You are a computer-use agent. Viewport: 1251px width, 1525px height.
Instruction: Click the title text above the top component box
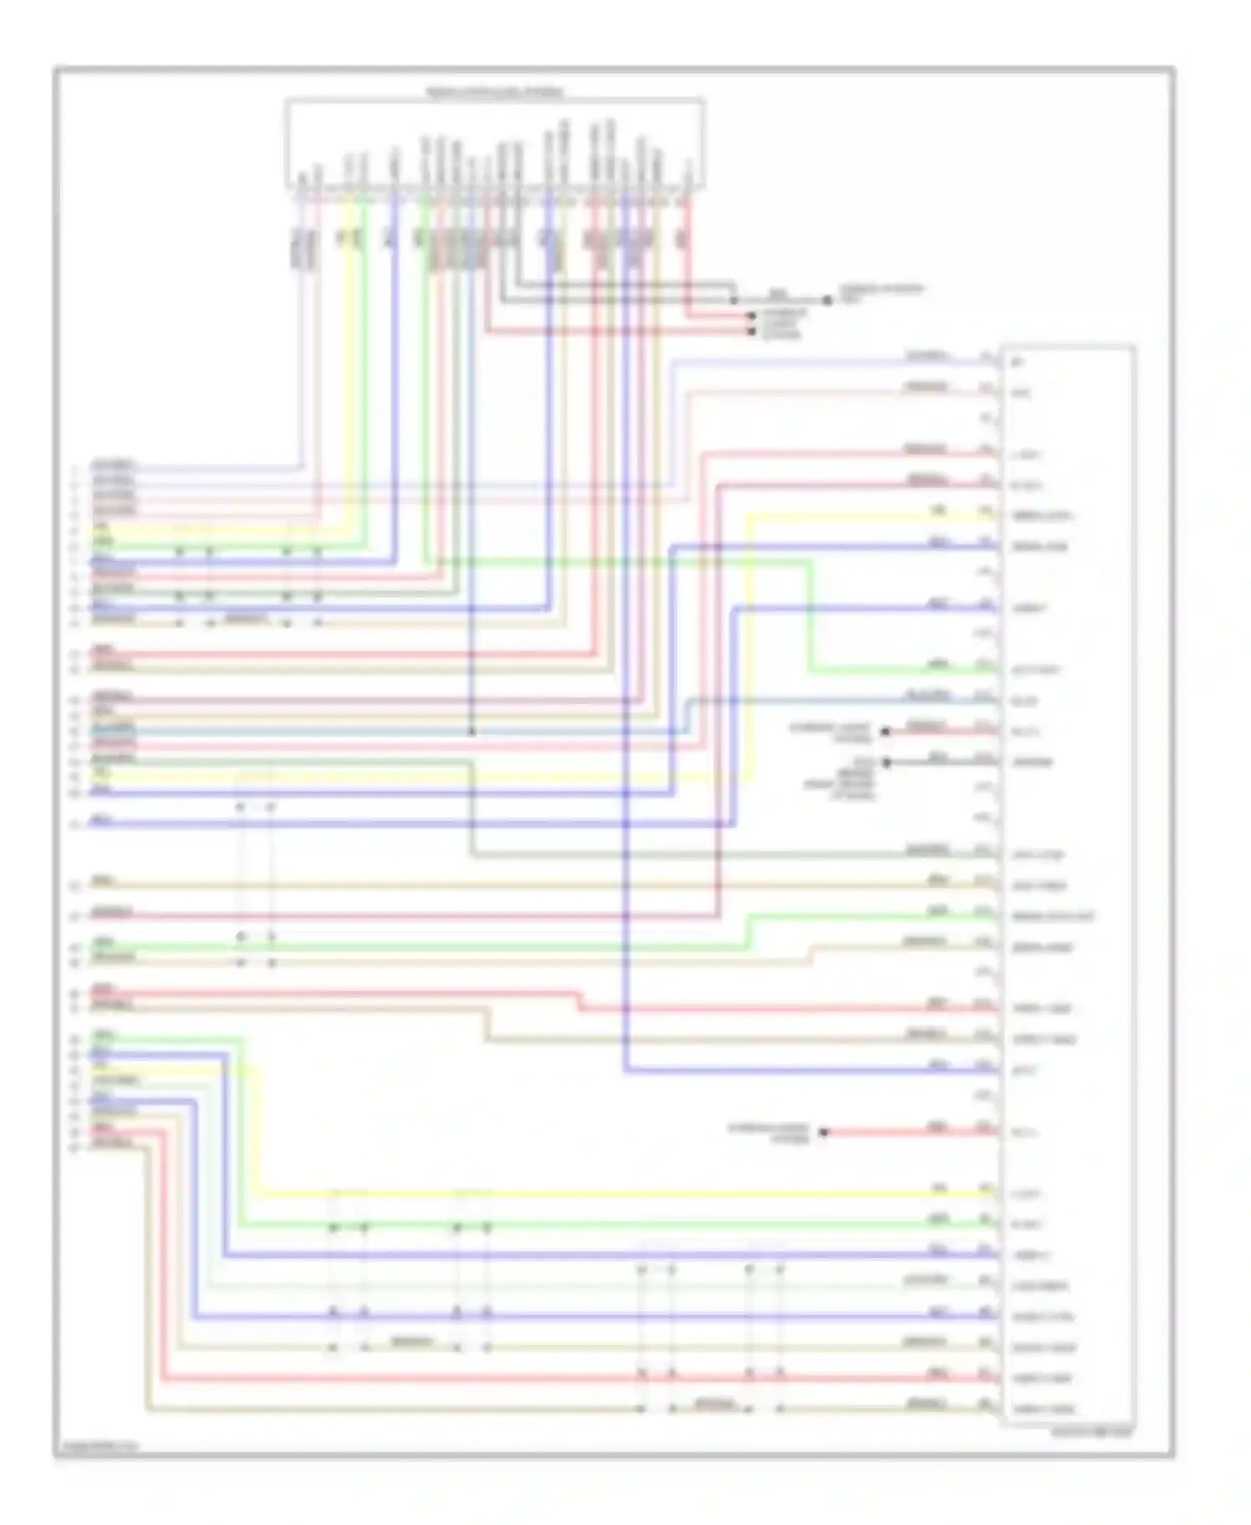(495, 91)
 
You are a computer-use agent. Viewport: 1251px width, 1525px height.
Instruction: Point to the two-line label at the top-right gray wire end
(881, 293)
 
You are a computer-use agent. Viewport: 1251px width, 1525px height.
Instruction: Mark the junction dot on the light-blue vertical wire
(471, 732)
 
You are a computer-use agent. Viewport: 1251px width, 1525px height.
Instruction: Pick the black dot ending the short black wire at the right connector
(886, 762)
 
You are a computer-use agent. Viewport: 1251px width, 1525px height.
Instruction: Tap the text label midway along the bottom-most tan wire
(714, 1404)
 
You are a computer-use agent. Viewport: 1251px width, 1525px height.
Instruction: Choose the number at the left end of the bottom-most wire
(74, 1148)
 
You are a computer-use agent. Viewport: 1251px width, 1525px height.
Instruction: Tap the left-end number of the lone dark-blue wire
(74, 824)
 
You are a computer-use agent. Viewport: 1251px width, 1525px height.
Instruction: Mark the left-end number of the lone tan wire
(74, 884)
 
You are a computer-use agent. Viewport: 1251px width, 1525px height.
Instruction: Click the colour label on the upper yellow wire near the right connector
(938, 511)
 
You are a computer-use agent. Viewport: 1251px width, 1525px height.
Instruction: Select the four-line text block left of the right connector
(839, 779)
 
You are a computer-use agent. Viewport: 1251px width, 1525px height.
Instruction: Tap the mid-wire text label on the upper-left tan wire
(247, 620)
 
